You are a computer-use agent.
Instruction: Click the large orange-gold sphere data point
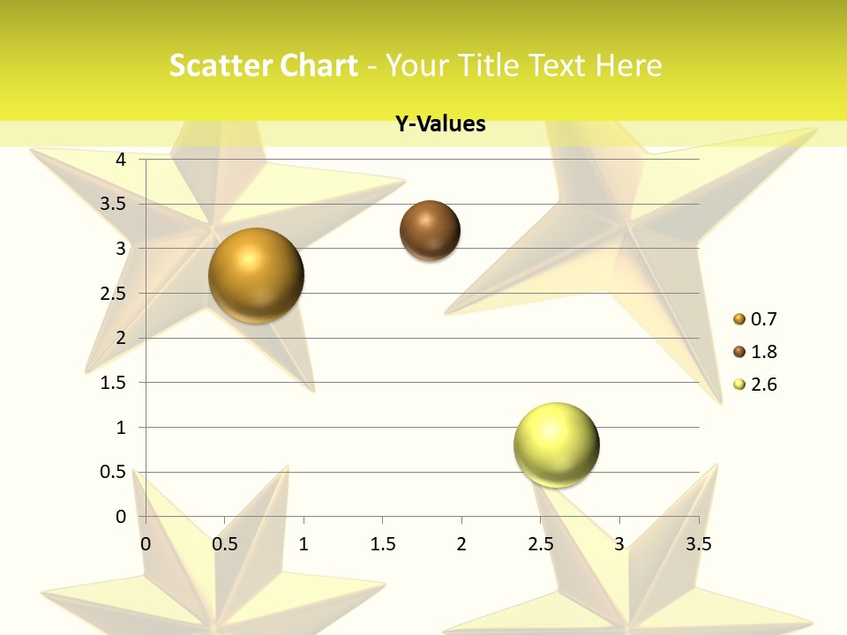(256, 275)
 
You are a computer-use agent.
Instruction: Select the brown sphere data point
(430, 231)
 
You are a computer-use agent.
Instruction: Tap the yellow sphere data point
(556, 444)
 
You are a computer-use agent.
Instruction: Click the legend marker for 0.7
(739, 319)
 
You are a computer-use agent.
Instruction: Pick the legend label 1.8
(763, 352)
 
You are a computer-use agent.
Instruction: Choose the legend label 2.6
(763, 385)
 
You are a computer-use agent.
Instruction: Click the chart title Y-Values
(440, 123)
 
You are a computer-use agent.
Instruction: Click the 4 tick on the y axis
(121, 160)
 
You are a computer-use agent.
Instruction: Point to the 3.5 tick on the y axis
(113, 204)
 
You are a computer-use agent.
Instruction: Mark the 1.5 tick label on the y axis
(113, 383)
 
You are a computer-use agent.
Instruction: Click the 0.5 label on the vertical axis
(113, 472)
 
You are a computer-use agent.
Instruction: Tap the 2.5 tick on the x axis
(540, 544)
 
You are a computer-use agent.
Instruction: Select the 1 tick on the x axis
(304, 544)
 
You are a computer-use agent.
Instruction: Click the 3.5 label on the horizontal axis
(698, 544)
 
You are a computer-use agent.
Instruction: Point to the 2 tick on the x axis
(461, 544)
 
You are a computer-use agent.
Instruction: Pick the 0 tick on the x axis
(146, 544)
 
